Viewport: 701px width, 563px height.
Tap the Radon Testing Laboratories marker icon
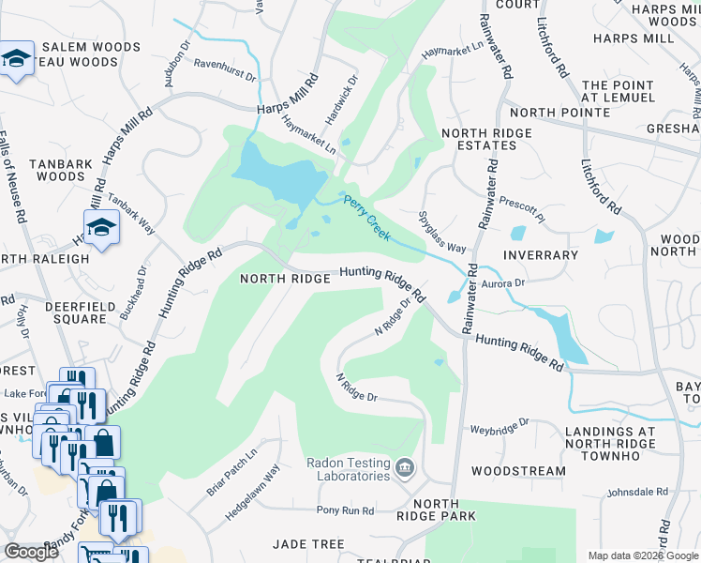(404, 466)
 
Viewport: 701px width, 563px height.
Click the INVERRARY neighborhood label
(540, 255)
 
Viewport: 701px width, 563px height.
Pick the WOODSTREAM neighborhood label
(518, 471)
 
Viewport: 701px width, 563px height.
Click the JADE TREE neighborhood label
(307, 544)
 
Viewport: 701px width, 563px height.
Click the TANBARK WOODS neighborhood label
(60, 170)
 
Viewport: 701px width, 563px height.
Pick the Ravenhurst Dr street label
(225, 68)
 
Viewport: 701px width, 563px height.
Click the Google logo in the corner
(31, 552)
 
